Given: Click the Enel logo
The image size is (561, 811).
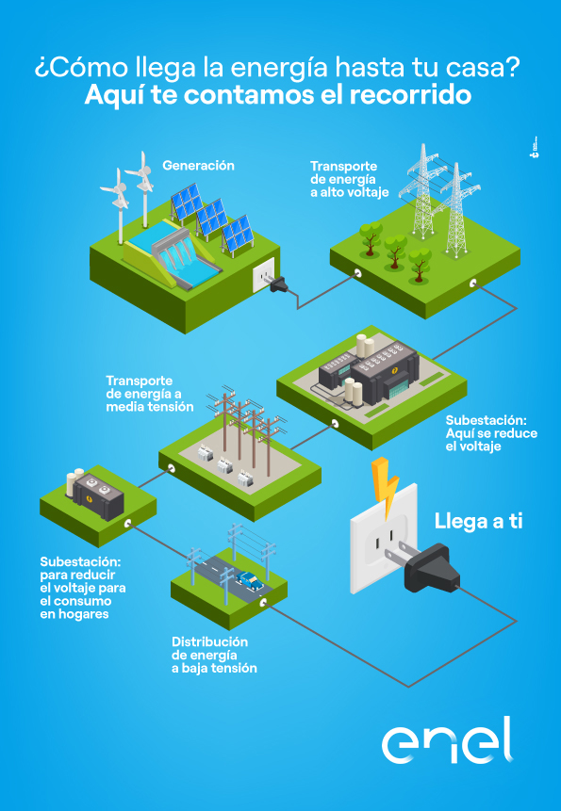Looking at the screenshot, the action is pos(448,740).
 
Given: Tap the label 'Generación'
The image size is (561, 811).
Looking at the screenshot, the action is pos(198,166).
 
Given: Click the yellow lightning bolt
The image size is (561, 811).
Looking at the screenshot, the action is pos(386,487).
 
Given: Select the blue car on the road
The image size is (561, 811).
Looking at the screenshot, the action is pos(250,580).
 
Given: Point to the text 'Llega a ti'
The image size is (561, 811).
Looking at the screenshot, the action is pos(478,522).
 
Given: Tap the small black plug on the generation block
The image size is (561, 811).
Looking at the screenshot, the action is pos(278,284).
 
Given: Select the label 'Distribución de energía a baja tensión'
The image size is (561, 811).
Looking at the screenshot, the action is pos(214,655).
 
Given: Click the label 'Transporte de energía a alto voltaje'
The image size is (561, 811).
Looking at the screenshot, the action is pos(350,180).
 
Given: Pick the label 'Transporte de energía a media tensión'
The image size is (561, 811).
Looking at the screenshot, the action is pos(150,394).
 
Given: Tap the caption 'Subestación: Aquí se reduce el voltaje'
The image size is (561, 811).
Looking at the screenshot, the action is pos(491,432).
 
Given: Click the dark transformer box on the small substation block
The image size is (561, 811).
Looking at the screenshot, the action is pos(98,495).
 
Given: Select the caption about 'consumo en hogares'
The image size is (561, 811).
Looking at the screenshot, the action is pos(83,588).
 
